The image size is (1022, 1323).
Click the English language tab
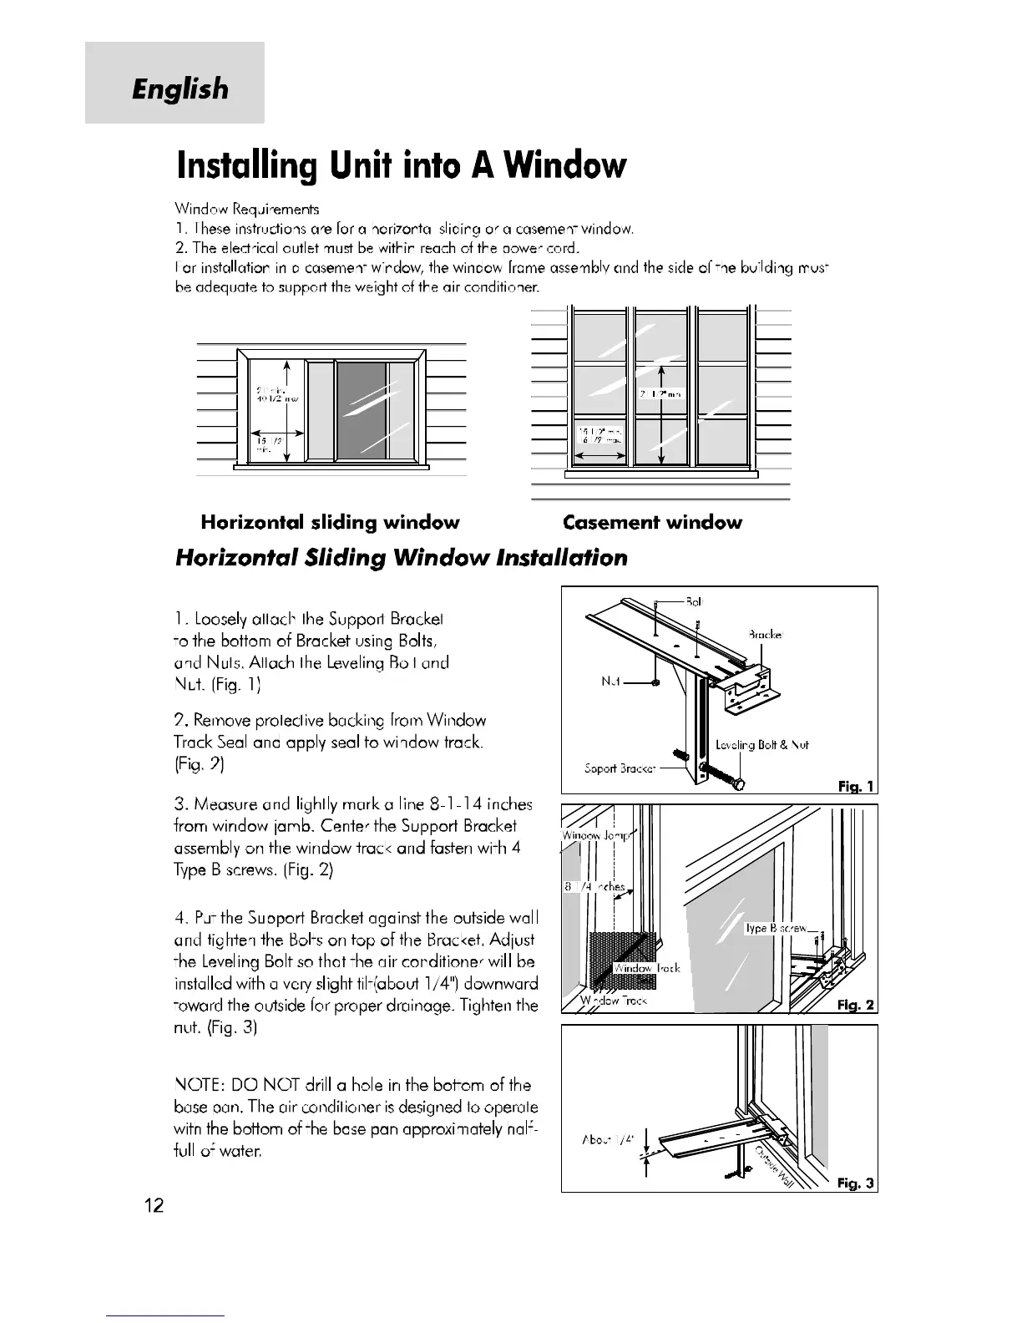[x=179, y=88]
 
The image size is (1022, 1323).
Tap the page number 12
[x=154, y=1205]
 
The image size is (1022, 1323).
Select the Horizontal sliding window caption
[x=330, y=523]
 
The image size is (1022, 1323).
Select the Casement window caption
[x=652, y=523]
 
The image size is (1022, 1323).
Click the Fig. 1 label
[x=857, y=786]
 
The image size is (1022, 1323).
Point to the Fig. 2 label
[x=857, y=1006]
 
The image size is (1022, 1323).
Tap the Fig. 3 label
[x=857, y=1183]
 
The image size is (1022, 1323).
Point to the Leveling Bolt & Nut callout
[x=761, y=744]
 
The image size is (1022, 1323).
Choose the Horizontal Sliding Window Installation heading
[x=401, y=558]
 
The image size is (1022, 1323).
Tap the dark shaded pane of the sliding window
[x=361, y=412]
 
